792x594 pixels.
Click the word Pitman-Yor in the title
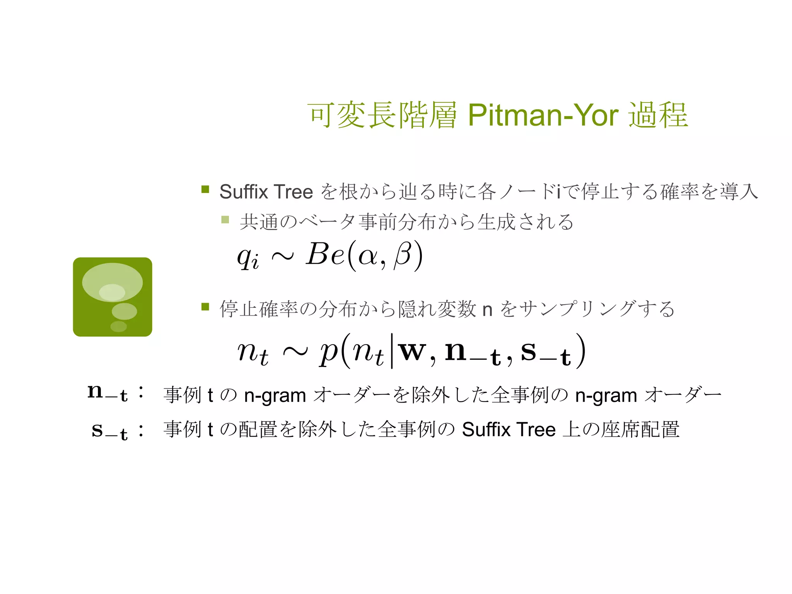point(543,115)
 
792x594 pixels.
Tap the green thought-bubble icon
point(113,297)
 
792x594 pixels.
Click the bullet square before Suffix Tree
point(205,189)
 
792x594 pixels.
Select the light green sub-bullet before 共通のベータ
point(225,220)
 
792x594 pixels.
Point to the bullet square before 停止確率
point(205,307)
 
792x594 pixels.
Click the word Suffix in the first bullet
point(244,192)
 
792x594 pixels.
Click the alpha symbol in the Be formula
point(368,256)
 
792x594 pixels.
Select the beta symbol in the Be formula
point(403,255)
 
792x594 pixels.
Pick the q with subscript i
point(248,257)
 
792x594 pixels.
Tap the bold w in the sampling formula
point(413,351)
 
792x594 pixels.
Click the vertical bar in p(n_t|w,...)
point(392,351)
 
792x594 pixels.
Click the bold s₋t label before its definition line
point(109,430)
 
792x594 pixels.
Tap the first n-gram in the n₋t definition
point(275,396)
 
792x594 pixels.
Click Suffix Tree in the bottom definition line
point(509,430)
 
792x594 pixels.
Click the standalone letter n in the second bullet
point(487,309)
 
